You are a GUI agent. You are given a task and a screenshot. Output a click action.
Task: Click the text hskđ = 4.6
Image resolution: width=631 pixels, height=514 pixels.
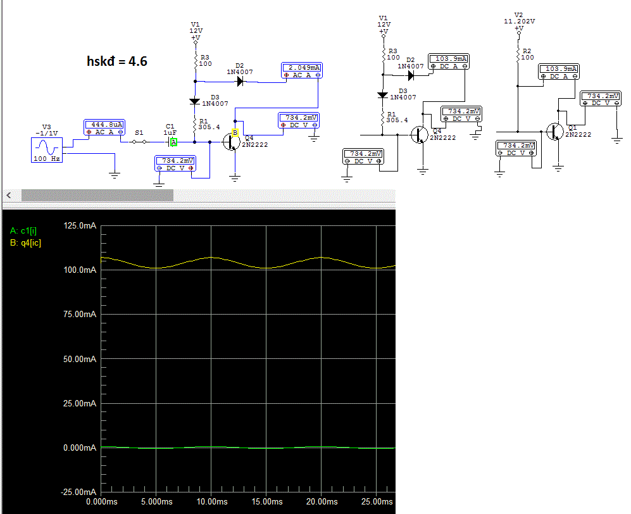[117, 61]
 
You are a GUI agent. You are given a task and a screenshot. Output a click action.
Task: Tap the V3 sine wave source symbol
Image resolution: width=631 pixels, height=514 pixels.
[46, 147]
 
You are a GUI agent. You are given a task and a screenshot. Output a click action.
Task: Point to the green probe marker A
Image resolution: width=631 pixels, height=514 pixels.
[173, 142]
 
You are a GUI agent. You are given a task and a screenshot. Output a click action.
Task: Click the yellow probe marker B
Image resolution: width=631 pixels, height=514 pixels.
[235, 133]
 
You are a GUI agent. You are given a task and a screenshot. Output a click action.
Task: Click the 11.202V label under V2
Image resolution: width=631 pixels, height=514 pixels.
[518, 21]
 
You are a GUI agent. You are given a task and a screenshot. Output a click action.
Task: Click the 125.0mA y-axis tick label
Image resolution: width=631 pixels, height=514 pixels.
[81, 226]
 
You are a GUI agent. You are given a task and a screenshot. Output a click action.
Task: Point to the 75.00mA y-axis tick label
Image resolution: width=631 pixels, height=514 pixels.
[81, 315]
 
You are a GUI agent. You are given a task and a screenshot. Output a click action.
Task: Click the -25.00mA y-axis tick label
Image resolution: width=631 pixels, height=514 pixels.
[80, 492]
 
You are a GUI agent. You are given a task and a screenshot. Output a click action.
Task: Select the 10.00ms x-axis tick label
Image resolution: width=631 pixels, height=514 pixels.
[212, 501]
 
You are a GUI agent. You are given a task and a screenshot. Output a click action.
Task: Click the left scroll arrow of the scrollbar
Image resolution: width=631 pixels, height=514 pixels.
[8, 195]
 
